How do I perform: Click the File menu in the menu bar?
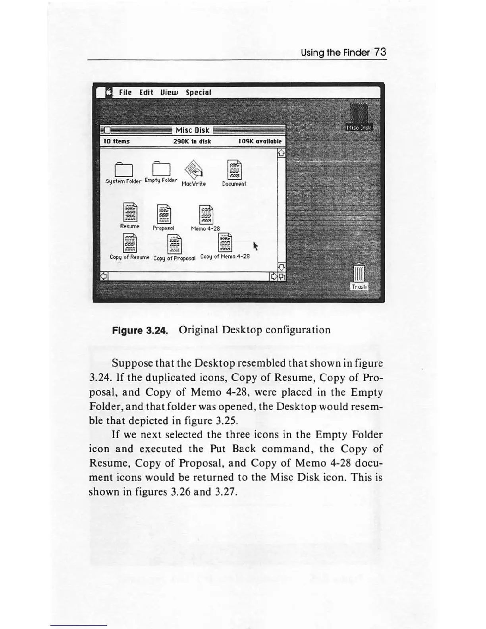tap(125, 93)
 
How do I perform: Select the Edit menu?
tap(146, 93)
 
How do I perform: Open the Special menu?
tap(198, 93)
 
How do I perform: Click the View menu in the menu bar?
tap(169, 93)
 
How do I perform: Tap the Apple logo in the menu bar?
tap(108, 93)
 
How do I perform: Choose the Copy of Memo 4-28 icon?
tap(225, 243)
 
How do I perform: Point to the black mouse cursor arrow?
tap(256, 246)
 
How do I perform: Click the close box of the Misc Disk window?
tap(107, 130)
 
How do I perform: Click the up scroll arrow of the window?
tap(281, 152)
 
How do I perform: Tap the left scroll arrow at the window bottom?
tap(104, 276)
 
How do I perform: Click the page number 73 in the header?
tap(380, 52)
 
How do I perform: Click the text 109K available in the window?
tap(260, 141)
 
